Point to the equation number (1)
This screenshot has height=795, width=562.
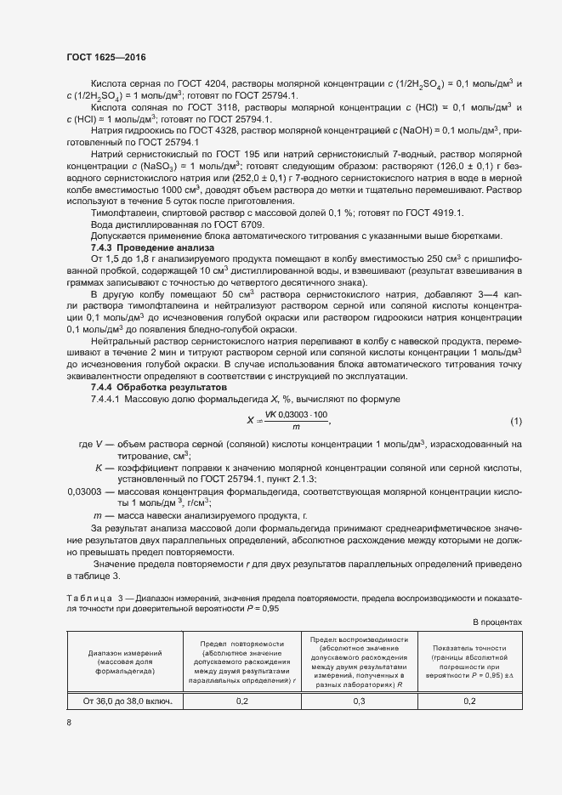515,422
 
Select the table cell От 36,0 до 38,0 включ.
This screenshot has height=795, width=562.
127,701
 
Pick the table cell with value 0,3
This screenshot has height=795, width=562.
359,701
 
